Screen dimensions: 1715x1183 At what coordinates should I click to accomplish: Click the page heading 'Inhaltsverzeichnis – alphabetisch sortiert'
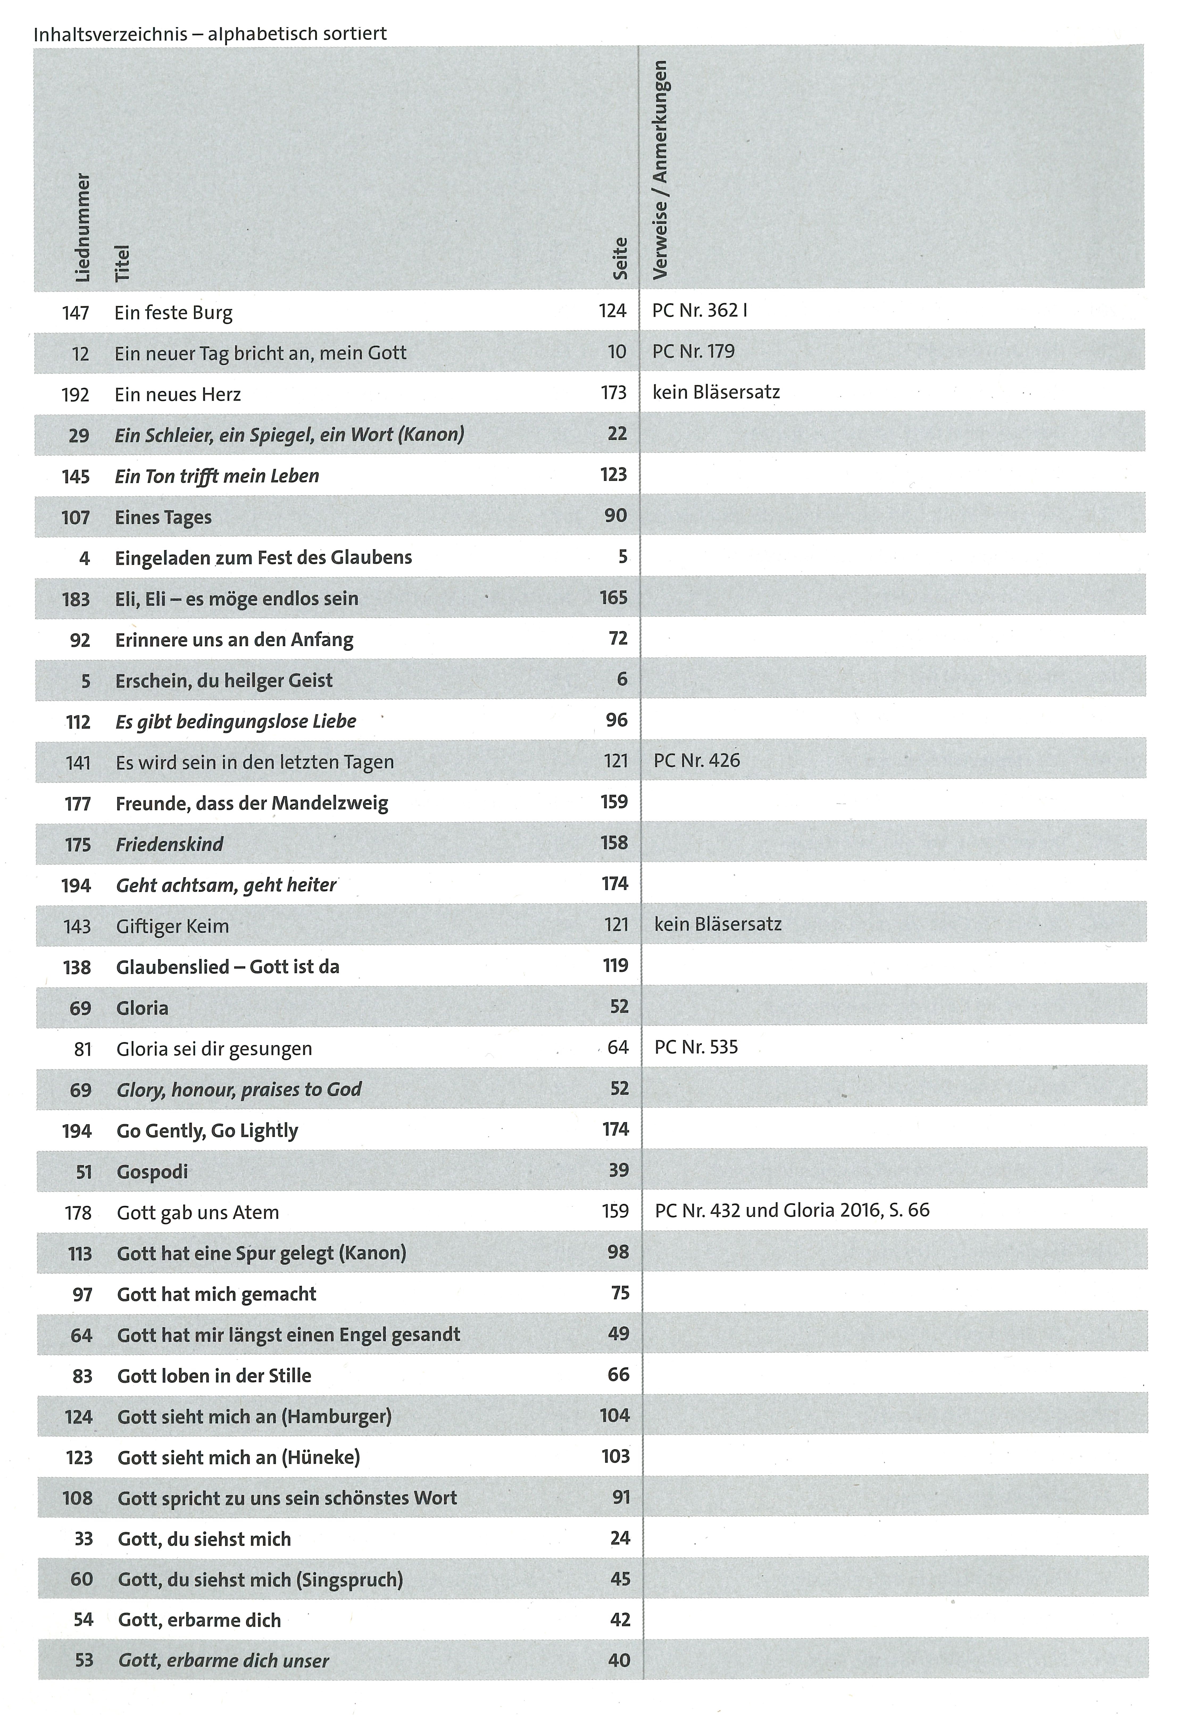(210, 34)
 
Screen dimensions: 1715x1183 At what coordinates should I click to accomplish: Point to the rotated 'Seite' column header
(620, 259)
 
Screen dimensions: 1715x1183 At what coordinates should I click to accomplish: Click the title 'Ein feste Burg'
(173, 313)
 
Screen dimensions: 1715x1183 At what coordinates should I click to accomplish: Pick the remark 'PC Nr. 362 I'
(699, 311)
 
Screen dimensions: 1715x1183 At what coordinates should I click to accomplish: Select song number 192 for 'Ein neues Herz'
(76, 394)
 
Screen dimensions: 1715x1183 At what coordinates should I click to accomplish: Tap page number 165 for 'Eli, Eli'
(614, 597)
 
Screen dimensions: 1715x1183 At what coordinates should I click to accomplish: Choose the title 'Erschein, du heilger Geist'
(224, 680)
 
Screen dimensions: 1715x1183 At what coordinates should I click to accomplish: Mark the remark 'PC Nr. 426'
(697, 760)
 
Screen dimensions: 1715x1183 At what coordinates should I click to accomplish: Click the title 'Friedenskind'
(170, 844)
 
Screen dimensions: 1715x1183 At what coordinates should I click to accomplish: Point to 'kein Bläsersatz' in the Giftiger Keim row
(718, 924)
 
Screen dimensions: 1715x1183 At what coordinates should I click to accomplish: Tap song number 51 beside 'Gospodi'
(84, 1172)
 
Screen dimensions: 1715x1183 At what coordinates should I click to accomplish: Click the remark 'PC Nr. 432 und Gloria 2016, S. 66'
(792, 1210)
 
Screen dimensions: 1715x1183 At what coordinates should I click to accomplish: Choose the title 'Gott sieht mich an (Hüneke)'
(239, 1457)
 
